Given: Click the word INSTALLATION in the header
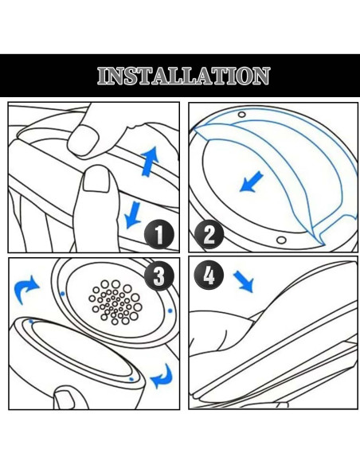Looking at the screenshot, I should tap(183, 76).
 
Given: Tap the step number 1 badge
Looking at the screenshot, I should tap(160, 234).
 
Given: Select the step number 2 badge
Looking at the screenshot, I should tap(209, 234).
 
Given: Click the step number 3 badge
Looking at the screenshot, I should tap(159, 275).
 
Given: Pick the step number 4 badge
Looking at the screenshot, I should tap(209, 275).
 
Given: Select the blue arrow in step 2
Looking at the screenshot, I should tap(252, 183).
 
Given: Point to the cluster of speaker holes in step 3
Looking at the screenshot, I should tap(116, 302).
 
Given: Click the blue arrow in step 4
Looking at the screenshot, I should tap(244, 280).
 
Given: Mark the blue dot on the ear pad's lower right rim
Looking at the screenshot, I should tap(131, 380).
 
